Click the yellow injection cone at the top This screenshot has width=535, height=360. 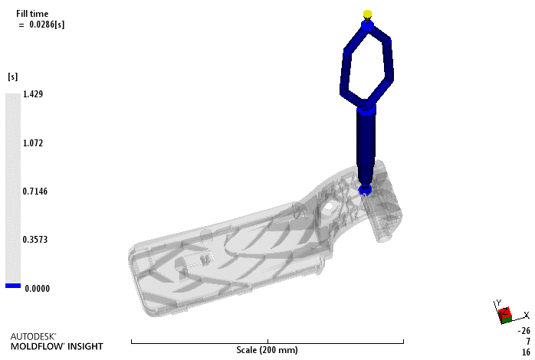[367, 15]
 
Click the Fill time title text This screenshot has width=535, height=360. [32, 14]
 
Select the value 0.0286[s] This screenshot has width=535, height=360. [47, 25]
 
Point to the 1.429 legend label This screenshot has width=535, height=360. [33, 94]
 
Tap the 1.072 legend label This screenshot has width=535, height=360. [33, 142]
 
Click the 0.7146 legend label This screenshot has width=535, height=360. [34, 191]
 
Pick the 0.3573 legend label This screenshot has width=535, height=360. [34, 240]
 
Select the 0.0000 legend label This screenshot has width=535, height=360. [38, 289]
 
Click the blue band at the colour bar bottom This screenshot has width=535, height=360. [13, 286]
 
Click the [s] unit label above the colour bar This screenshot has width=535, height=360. [12, 77]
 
